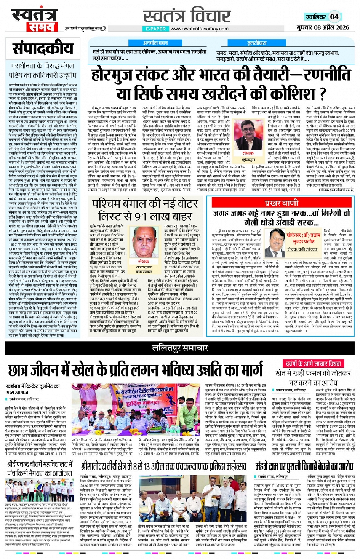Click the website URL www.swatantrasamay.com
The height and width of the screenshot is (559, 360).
pyautogui.click(x=199, y=29)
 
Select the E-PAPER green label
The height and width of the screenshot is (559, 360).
pyautogui.click(x=155, y=29)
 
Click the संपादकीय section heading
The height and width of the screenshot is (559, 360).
pyautogui.click(x=43, y=49)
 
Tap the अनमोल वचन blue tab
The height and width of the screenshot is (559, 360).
pyautogui.click(x=155, y=43)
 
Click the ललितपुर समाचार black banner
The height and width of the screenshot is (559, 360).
pyautogui.click(x=179, y=347)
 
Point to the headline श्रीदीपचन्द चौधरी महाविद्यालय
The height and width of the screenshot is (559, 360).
pyautogui.click(x=40, y=468)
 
